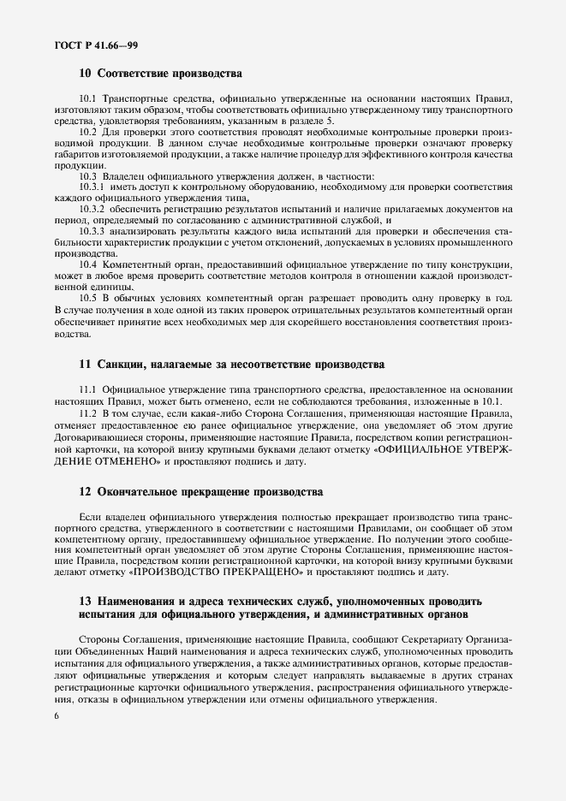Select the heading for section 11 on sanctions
pyautogui.click(x=231, y=365)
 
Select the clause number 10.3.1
pyautogui.click(x=92, y=186)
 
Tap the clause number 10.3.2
pyautogui.click(x=92, y=208)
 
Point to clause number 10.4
pyautogui.click(x=89, y=265)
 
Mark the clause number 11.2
pyautogui.click(x=89, y=412)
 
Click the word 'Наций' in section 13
pyautogui.click(x=151, y=652)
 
